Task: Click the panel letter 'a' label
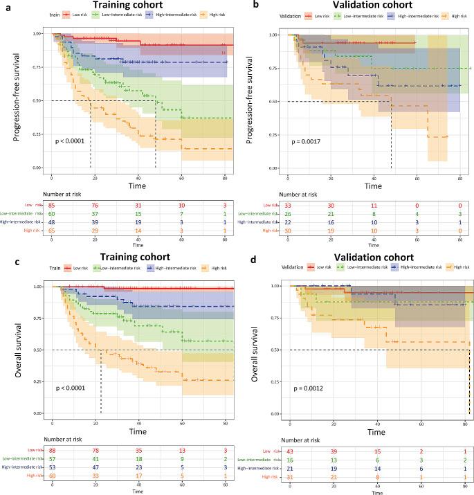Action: pos(6,5)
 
